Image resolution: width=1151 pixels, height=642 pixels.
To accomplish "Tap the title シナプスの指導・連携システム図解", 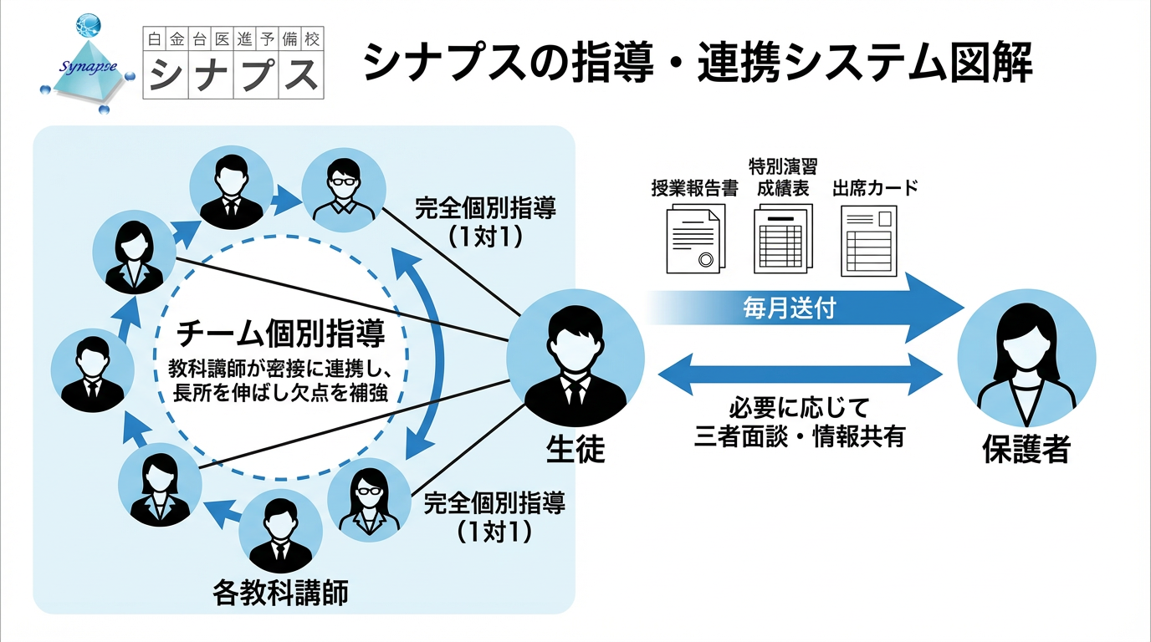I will [698, 65].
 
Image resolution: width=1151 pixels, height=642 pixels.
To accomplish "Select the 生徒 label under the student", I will [575, 451].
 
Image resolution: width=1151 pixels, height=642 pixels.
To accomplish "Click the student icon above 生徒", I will [575, 359].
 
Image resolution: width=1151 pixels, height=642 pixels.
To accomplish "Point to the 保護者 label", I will [1026, 451].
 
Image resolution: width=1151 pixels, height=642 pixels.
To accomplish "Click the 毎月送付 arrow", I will [803, 308].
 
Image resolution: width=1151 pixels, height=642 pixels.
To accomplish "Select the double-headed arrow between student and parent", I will [802, 373].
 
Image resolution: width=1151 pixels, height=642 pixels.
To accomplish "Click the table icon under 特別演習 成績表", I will [783, 239].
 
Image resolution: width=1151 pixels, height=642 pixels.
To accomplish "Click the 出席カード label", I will [875, 187].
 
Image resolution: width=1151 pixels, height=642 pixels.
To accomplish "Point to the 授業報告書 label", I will [694, 187].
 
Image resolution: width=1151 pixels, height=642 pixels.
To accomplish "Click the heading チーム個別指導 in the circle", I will [281, 334].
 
